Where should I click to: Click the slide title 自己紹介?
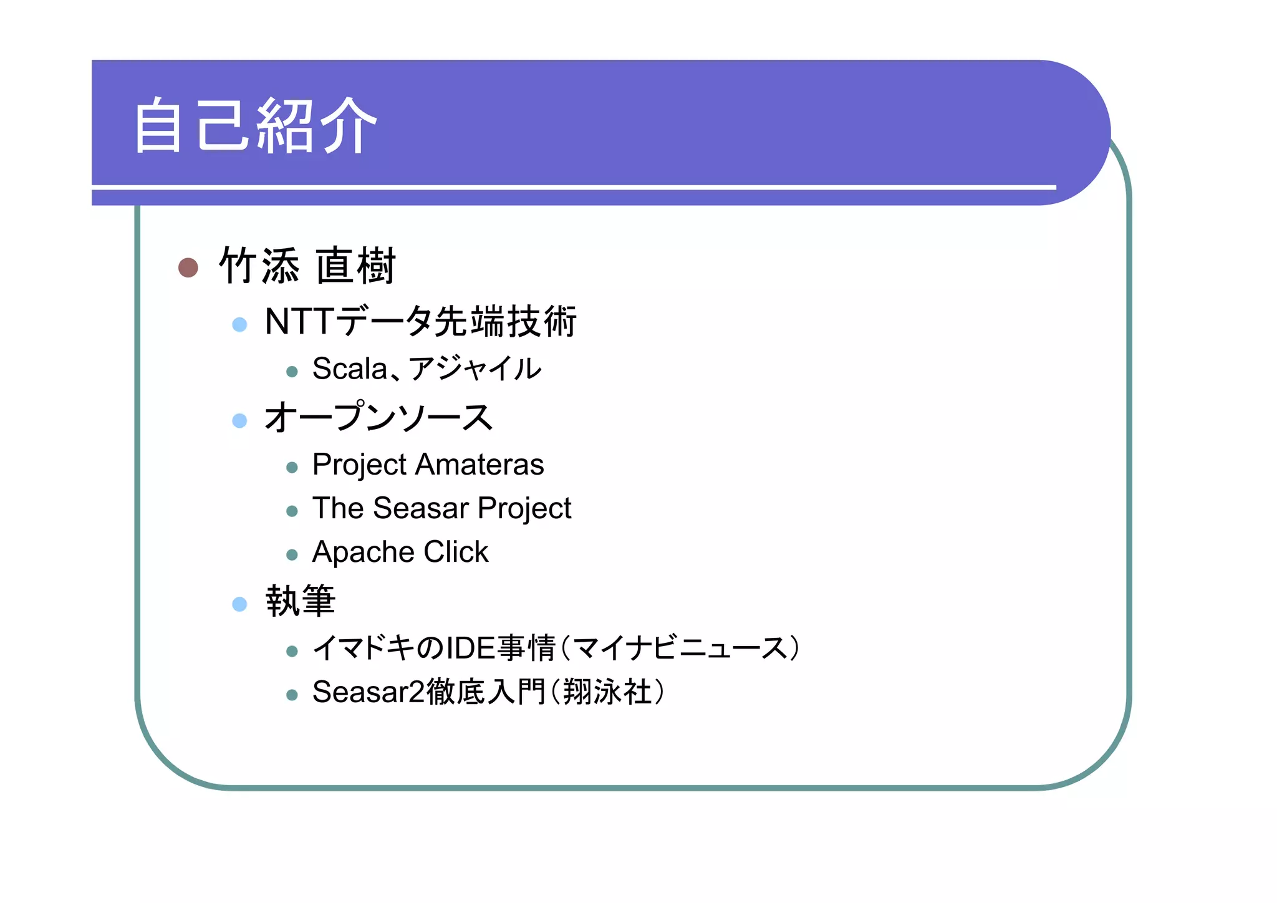pos(255,125)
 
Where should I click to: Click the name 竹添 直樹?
pos(307,266)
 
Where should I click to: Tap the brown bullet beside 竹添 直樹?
pos(188,268)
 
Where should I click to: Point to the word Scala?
pos(350,369)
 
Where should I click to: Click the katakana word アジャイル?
pos(475,369)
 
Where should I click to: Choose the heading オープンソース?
pos(378,417)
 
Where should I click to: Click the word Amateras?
pos(479,465)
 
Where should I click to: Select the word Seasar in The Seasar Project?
pos(421,508)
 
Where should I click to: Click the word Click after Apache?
pos(456,552)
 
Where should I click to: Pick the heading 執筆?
pos(301,601)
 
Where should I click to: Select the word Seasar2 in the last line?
pos(369,692)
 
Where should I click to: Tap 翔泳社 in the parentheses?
pos(607,692)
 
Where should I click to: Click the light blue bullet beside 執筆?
pos(239,604)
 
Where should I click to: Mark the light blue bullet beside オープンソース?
pos(239,420)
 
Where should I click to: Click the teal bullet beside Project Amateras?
pos(292,467)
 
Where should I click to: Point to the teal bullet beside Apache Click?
pos(292,554)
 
